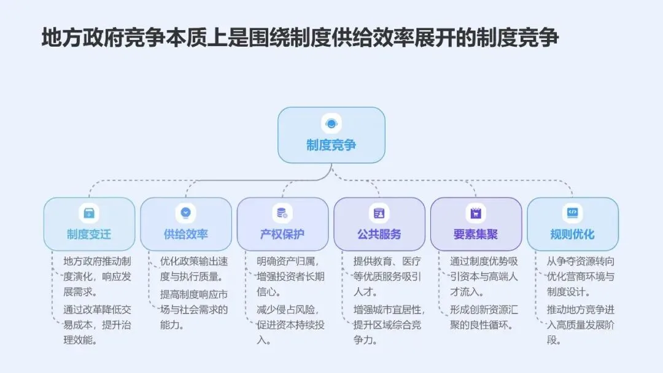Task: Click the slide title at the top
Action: tap(300, 38)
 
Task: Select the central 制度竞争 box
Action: tap(331, 135)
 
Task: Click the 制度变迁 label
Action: tap(89, 234)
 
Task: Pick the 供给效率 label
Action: tap(186, 234)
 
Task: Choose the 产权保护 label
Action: tap(282, 234)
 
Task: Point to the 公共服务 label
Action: tap(379, 234)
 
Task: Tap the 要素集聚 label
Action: tap(476, 234)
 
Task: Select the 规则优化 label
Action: tap(573, 234)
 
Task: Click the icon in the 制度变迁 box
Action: tap(89, 213)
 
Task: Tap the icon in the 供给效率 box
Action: tap(186, 213)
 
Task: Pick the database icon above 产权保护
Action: tap(282, 213)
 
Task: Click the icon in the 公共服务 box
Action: tap(379, 213)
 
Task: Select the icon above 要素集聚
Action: tap(476, 213)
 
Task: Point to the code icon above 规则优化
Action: tap(573, 213)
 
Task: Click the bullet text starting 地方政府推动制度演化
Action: tap(97, 276)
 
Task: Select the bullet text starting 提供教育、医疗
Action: tap(387, 276)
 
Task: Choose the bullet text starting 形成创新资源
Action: tap(484, 317)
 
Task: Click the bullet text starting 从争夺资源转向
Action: tap(580, 276)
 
